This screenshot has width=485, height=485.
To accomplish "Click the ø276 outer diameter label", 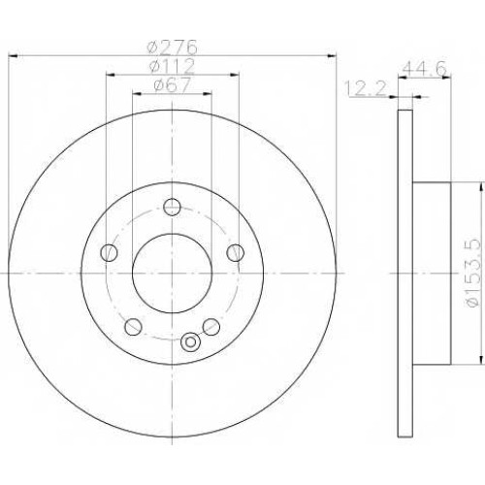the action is coord(172,48).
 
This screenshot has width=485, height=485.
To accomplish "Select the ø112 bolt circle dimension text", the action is coord(172,66).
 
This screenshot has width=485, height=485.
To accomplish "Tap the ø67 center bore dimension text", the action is coord(172,85).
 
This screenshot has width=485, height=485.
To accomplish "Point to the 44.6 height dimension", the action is coord(424,68).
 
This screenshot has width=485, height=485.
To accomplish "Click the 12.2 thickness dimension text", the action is coord(366,88).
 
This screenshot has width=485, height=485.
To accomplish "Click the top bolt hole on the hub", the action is coord(172,207).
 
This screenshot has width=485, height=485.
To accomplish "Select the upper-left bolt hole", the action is coord(109,252).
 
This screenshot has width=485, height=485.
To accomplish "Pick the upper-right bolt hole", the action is coord(236,252).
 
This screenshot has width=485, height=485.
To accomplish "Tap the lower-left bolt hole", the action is coord(133,327).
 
